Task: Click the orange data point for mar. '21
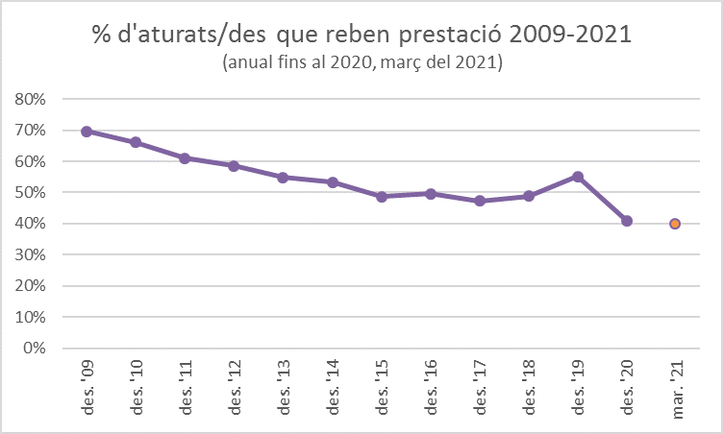coord(675,224)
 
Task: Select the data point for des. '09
coord(87,132)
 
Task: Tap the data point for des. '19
coord(577,177)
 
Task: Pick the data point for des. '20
coord(626,221)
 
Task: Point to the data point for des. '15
coord(381,197)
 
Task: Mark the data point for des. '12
coord(234,166)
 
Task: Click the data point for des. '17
coord(479,201)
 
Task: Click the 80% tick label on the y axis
coord(30,99)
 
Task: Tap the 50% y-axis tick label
coord(30,192)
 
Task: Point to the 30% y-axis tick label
coord(30,254)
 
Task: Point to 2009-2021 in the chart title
coord(571,36)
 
